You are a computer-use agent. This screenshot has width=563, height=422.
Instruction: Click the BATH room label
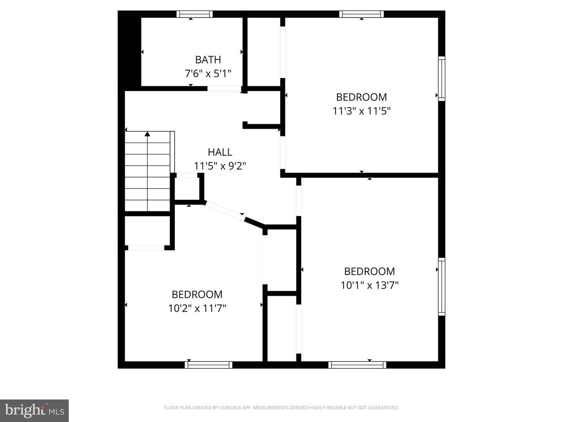pyautogui.click(x=208, y=60)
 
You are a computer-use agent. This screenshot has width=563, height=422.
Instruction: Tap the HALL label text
pyautogui.click(x=220, y=152)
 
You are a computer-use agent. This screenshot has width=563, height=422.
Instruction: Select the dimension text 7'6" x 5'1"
pyautogui.click(x=208, y=74)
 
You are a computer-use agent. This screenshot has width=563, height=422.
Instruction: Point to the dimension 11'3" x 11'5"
pyautogui.click(x=361, y=111)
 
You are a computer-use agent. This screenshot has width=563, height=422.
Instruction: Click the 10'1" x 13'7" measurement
pyautogui.click(x=369, y=285)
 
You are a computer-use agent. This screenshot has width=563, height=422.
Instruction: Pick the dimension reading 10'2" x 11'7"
pyautogui.click(x=197, y=308)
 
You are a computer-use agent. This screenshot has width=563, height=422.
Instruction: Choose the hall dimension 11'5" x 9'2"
pyautogui.click(x=220, y=166)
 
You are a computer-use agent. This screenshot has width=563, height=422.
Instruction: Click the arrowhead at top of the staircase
pyautogui.click(x=147, y=134)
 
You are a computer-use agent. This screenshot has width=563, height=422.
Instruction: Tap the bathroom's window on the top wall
pyautogui.click(x=194, y=14)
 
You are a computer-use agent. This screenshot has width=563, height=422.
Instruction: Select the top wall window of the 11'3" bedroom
pyautogui.click(x=361, y=14)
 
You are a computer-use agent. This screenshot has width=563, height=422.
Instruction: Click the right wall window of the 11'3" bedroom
pyautogui.click(x=441, y=79)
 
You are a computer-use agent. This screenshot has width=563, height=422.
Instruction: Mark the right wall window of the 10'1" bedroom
pyautogui.click(x=441, y=286)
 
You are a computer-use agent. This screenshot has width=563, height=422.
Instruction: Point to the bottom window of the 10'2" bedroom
pyautogui.click(x=208, y=365)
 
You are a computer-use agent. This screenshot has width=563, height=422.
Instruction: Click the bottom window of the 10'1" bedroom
pyautogui.click(x=357, y=365)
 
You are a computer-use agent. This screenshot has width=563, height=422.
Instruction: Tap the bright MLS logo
pyautogui.click(x=34, y=410)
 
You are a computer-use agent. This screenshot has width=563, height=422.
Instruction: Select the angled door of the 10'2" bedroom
pyautogui.click(x=225, y=211)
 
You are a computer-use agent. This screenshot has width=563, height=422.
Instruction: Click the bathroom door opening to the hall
pyautogui.click(x=224, y=89)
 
